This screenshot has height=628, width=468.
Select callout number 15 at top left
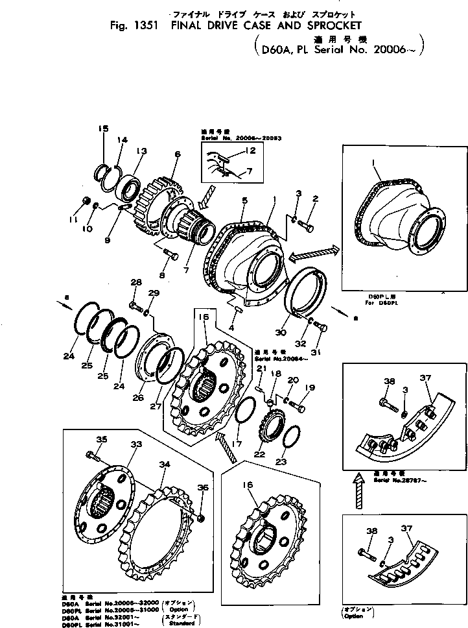point(104,129)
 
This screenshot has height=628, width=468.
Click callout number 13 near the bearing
point(141,151)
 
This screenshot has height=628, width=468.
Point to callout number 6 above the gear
point(176,154)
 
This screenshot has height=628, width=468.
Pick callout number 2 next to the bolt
point(315,199)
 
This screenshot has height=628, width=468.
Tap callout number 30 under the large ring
point(281,333)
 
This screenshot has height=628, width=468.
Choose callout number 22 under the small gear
point(261,453)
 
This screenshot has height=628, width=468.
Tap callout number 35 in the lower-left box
point(101,440)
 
